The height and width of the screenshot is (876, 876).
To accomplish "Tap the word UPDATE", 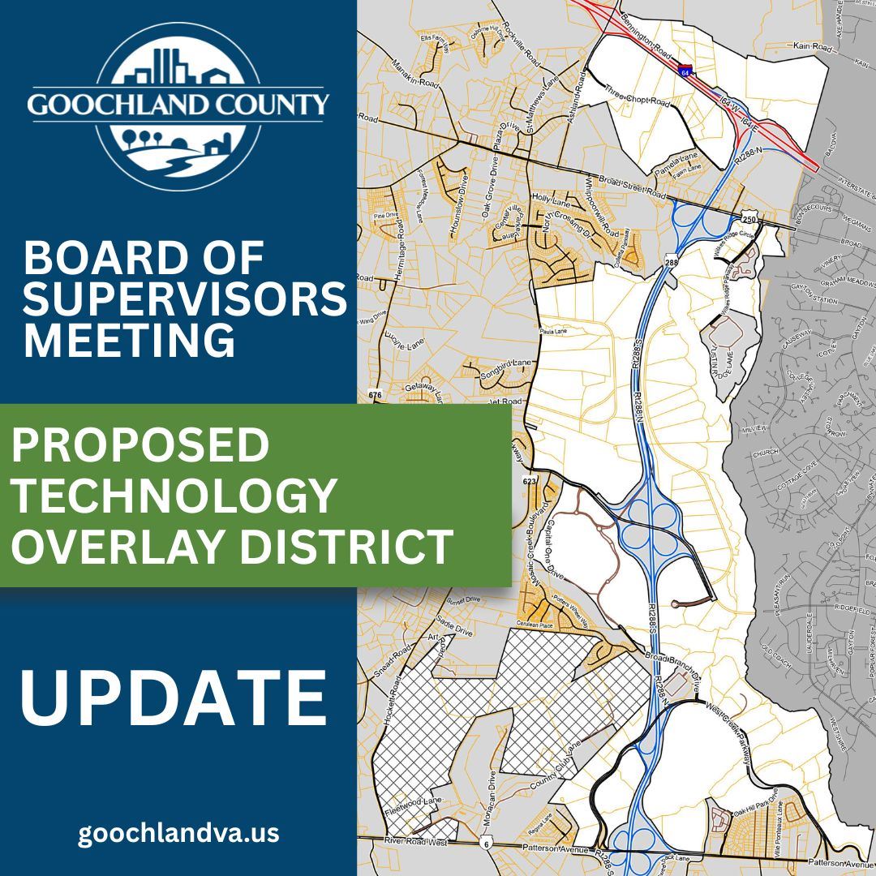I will (174, 698).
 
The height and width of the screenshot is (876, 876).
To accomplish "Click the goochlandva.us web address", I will (178, 833).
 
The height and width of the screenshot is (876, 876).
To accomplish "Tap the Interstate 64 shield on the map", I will (686, 71).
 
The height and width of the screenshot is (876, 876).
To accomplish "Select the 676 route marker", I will (374, 395).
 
